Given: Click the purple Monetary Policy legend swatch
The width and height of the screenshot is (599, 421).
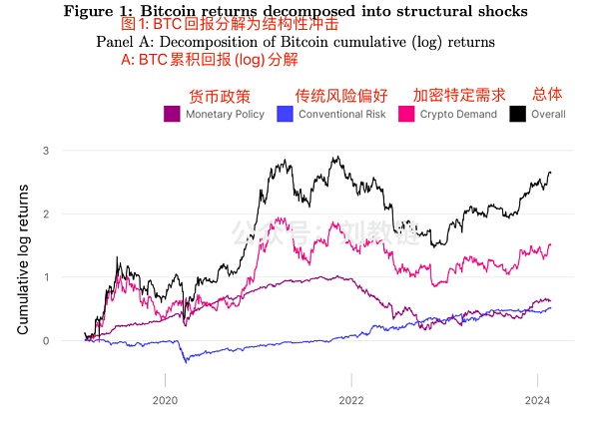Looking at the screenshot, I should click(x=172, y=115).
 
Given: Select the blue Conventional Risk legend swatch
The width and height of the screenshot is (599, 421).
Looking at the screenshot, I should click(x=285, y=115).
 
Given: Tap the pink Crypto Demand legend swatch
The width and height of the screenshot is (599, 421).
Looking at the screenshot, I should click(x=406, y=115).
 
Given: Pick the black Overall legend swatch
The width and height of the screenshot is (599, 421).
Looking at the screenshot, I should click(x=518, y=115).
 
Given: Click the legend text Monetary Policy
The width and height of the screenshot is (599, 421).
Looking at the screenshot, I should click(x=225, y=115).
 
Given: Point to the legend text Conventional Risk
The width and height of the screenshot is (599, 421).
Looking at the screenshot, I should click(x=341, y=115).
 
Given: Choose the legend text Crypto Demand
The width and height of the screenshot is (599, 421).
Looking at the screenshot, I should click(x=457, y=115).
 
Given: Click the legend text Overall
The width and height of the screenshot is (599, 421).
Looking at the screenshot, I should click(x=548, y=115).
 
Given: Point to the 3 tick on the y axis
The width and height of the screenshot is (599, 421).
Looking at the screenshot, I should click(x=44, y=151).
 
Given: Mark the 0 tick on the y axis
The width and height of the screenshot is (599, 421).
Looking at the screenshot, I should click(x=44, y=341).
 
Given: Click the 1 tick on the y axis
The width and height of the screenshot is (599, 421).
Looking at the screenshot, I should click(x=44, y=277).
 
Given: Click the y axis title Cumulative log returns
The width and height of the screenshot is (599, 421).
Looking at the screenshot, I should click(x=21, y=245).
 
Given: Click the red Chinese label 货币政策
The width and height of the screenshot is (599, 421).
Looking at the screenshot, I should click(x=220, y=96).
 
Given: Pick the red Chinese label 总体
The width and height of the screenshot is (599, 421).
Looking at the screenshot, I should click(x=547, y=94).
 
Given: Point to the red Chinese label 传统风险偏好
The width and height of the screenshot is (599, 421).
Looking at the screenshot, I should click(x=341, y=96).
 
